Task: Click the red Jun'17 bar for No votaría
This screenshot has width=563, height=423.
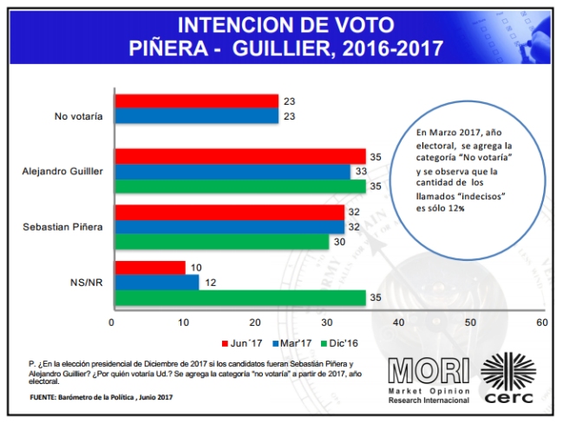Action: (195, 101)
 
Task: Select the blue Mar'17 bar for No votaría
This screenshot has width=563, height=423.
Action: (195, 115)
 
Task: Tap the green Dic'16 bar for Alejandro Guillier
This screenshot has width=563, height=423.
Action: (239, 185)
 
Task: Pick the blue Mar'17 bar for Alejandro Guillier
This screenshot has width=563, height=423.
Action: (231, 171)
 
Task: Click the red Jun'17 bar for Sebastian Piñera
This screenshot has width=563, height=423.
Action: (227, 211)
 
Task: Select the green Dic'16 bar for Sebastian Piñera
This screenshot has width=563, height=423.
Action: (220, 242)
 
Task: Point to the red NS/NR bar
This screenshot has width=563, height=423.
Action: (148, 268)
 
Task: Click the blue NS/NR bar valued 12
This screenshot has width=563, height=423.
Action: (155, 283)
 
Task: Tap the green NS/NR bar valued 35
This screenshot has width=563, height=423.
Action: (239, 297)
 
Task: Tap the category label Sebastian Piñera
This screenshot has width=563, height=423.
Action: (63, 227)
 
